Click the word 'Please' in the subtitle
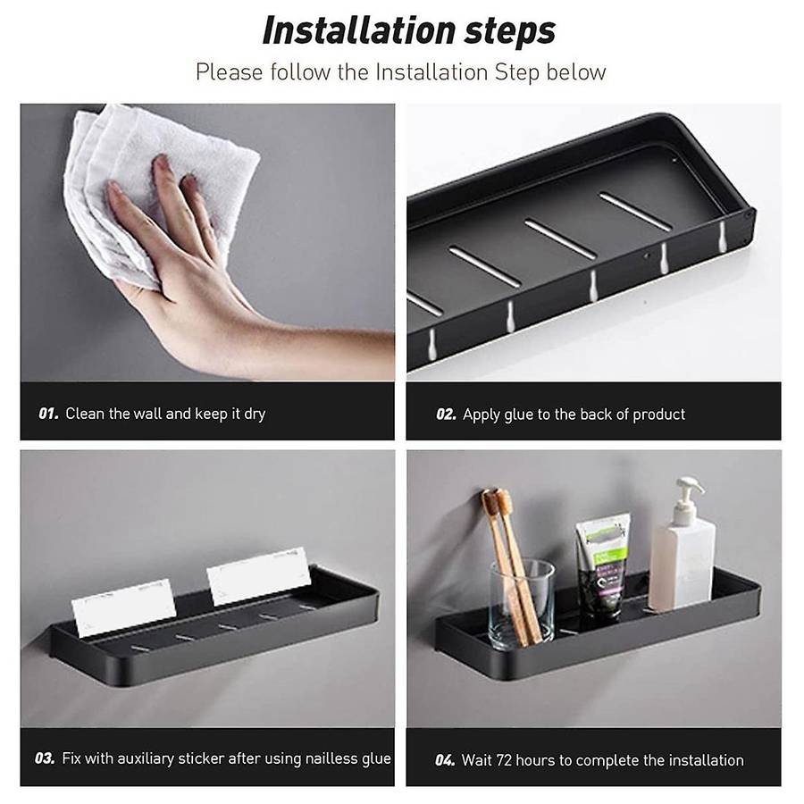point(230,71)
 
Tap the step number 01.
point(48,414)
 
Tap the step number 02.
point(446,415)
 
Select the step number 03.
point(45,758)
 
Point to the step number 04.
point(445,760)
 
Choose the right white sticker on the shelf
point(259,576)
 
